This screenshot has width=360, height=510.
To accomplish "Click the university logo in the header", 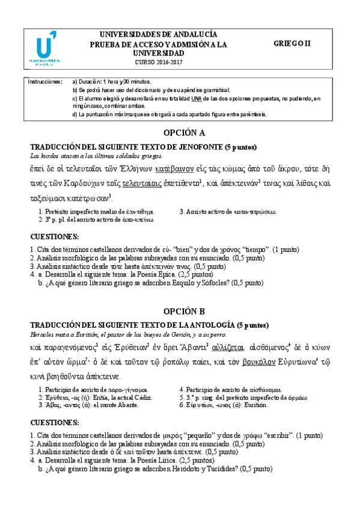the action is pyautogui.click(x=44, y=49).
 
